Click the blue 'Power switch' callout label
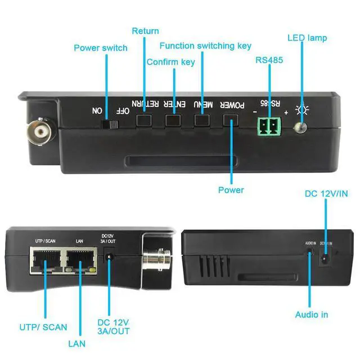pyautogui.click(x=101, y=48)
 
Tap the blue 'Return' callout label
pyautogui.click(x=145, y=31)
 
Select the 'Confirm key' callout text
pyautogui.click(x=171, y=61)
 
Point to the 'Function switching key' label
pyautogui.click(x=205, y=46)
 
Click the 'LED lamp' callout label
pyautogui.click(x=307, y=38)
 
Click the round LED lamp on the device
pyautogui.click(x=302, y=128)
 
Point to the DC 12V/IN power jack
pyautogui.click(x=325, y=259)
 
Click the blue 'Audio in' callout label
pyautogui.click(x=312, y=315)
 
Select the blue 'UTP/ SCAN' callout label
pyautogui.click(x=43, y=327)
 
